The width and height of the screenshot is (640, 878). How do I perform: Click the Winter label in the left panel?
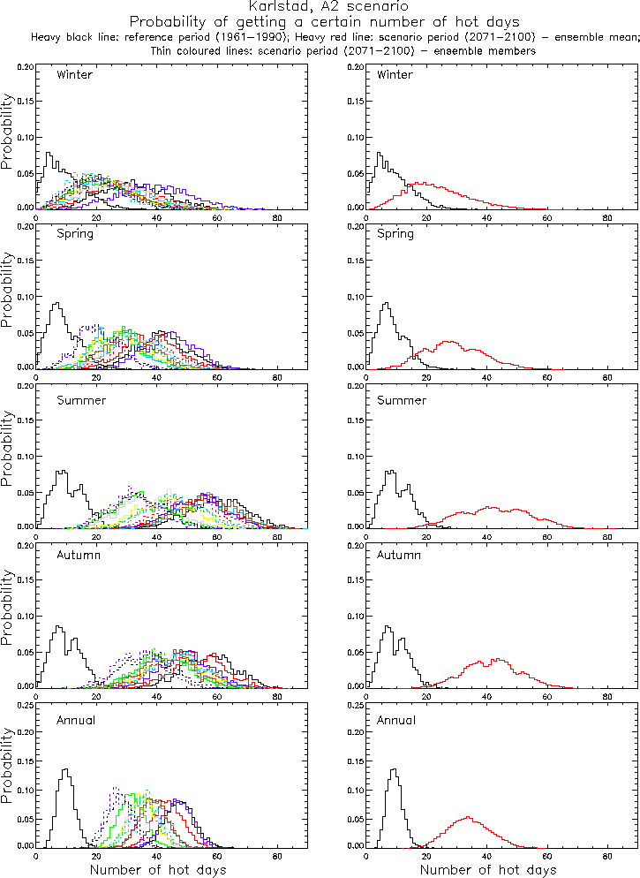pyautogui.click(x=74, y=74)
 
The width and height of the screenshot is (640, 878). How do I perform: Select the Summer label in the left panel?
pyautogui.click(x=81, y=400)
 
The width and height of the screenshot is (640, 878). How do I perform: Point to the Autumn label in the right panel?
pyautogui.click(x=398, y=556)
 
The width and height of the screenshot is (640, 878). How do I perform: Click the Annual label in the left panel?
pyautogui.click(x=77, y=718)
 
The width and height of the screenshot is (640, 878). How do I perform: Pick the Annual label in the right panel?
pyautogui.click(x=396, y=718)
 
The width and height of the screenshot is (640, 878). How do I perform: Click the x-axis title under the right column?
pyautogui.click(x=487, y=870)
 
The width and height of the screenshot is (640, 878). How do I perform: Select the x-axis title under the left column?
pyautogui.click(x=158, y=870)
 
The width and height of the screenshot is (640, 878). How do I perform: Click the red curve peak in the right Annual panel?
pyautogui.click(x=468, y=817)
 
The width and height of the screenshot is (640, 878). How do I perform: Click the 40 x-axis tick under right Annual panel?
pyautogui.click(x=486, y=856)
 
